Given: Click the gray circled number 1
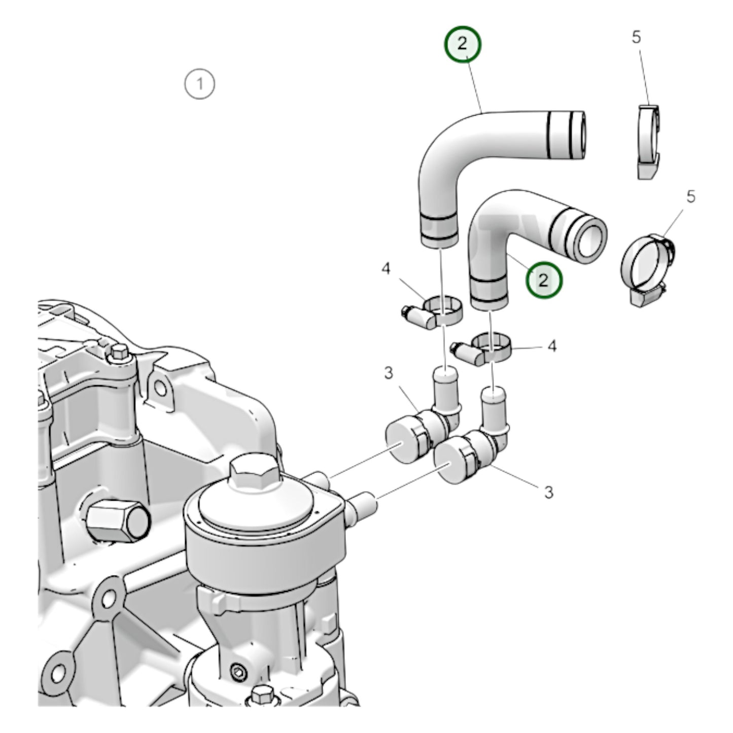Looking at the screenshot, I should click(x=200, y=83).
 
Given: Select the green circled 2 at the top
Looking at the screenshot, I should click(x=462, y=44).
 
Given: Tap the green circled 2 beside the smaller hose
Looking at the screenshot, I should click(x=543, y=280).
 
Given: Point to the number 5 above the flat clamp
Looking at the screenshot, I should click(x=636, y=37).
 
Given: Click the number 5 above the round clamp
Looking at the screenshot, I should click(x=690, y=197).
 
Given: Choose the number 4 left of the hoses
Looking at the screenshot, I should click(x=387, y=269).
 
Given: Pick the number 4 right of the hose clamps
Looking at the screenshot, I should click(x=552, y=346).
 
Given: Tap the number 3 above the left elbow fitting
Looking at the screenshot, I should click(x=388, y=373).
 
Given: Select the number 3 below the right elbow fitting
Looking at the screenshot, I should click(x=548, y=492).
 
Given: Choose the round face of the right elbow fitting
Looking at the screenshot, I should click(x=448, y=464).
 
